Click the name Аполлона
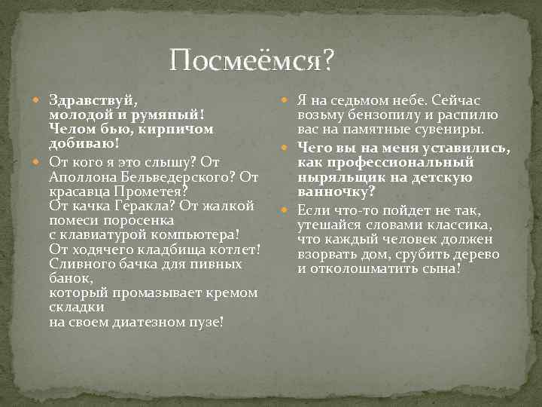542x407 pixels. point(84,176)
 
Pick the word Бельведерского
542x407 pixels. point(176,176)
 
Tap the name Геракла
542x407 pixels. point(131,206)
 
